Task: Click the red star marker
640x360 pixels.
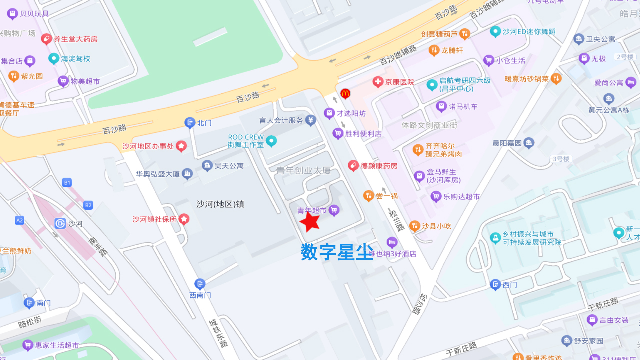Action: [x=310, y=221]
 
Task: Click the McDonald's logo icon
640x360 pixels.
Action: [x=345, y=93]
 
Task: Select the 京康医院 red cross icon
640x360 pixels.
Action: [x=378, y=82]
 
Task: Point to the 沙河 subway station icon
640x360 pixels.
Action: [x=61, y=223]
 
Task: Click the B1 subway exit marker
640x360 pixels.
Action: [x=67, y=183]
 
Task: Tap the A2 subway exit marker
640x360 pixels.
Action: [x=20, y=220]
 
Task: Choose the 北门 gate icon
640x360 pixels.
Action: [x=190, y=122]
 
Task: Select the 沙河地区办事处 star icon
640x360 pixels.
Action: [x=181, y=146]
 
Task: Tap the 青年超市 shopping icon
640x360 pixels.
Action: [x=334, y=211]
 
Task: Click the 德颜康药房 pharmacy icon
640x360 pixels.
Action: [x=353, y=165]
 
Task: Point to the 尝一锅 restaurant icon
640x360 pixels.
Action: [x=368, y=196]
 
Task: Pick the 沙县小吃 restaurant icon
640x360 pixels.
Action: [x=414, y=226]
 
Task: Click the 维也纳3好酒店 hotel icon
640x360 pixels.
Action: [x=392, y=243]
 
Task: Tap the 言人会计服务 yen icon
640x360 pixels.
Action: [x=311, y=120]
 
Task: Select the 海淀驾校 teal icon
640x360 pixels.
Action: [x=54, y=59]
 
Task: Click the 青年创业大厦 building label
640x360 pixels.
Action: [x=303, y=171]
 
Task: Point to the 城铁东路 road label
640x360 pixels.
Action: [x=218, y=333]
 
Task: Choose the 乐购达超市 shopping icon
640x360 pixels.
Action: [x=436, y=196]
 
